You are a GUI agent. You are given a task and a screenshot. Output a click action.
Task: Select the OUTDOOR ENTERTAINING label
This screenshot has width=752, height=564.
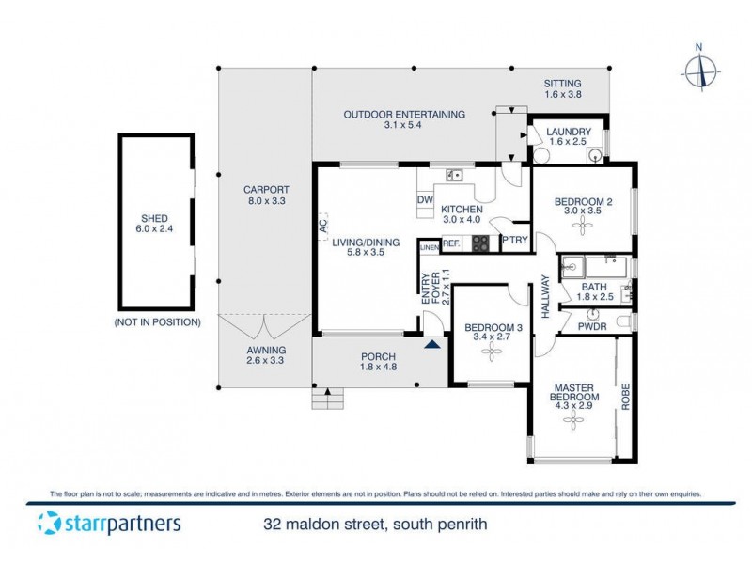click(404, 119)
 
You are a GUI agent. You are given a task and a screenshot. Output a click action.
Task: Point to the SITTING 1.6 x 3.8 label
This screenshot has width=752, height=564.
click(562, 89)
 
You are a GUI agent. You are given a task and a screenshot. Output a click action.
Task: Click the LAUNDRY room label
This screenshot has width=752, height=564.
click(570, 136)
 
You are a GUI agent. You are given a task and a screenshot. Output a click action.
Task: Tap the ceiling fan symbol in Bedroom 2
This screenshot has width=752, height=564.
click(583, 225)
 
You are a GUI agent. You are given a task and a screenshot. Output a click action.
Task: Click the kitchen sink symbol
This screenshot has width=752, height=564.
click(455, 174)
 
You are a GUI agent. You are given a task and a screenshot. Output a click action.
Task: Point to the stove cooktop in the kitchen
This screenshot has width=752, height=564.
click(479, 243)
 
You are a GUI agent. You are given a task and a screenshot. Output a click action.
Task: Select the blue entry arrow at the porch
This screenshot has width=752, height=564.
click(431, 346)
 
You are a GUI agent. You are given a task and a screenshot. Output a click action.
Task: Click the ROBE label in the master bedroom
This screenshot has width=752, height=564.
click(625, 396)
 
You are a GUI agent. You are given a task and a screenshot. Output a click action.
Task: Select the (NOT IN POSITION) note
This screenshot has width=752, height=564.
click(156, 322)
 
